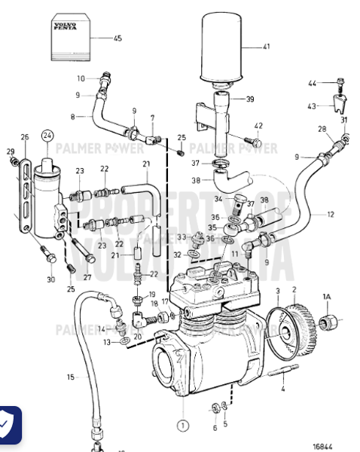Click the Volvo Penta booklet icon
pyautogui.click(x=72, y=38)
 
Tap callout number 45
pyautogui.click(x=117, y=38)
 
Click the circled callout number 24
pyautogui.click(x=48, y=136)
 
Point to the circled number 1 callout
pyautogui.click(x=183, y=426)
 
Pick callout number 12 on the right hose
pyautogui.click(x=330, y=215)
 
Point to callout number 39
pyautogui.click(x=249, y=99)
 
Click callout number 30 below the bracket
pyautogui.click(x=50, y=280)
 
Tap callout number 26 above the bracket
pyautogui.click(x=24, y=137)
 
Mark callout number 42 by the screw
pyautogui.click(x=258, y=125)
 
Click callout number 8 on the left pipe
pyautogui.click(x=73, y=117)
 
